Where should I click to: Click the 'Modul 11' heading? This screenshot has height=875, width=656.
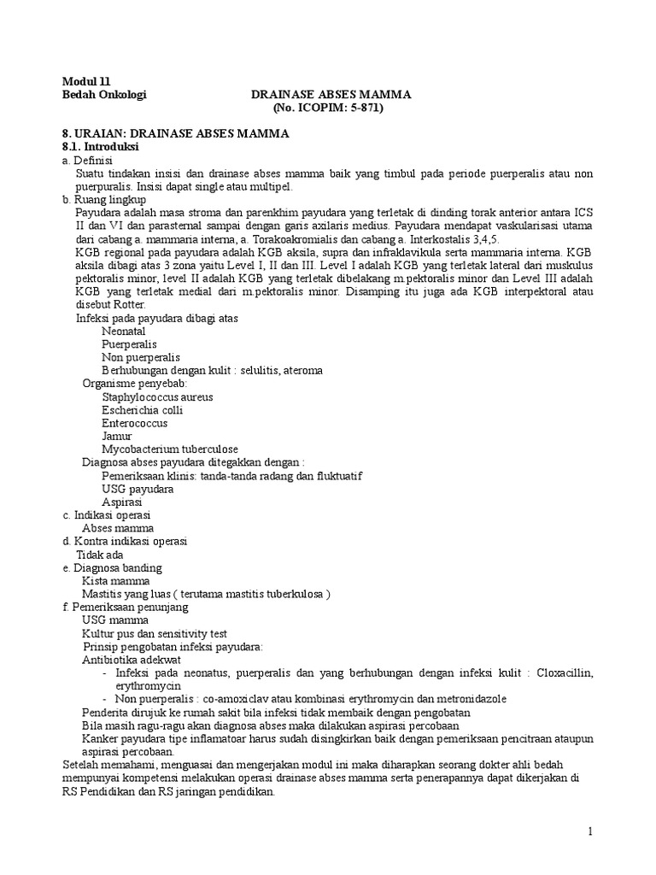click(87, 81)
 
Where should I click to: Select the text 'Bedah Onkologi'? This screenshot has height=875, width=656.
click(105, 95)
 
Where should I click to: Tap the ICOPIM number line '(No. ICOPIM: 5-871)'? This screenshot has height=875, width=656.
click(328, 109)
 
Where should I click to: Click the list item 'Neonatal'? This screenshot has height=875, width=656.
click(123, 331)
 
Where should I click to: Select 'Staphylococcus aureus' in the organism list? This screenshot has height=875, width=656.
click(157, 396)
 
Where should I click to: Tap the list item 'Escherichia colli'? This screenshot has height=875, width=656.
click(142, 410)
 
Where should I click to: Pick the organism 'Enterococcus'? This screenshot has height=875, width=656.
click(134, 423)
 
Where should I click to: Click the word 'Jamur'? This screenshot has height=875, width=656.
click(117, 436)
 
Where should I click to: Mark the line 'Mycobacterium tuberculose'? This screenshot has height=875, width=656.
click(169, 449)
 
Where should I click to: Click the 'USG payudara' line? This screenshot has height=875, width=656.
click(138, 489)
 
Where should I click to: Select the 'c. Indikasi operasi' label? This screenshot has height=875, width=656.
click(107, 515)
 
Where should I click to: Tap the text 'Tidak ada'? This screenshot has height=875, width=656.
click(100, 555)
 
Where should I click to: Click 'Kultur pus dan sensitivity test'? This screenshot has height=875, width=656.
click(154, 633)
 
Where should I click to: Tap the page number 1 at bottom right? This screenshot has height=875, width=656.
click(589, 831)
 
